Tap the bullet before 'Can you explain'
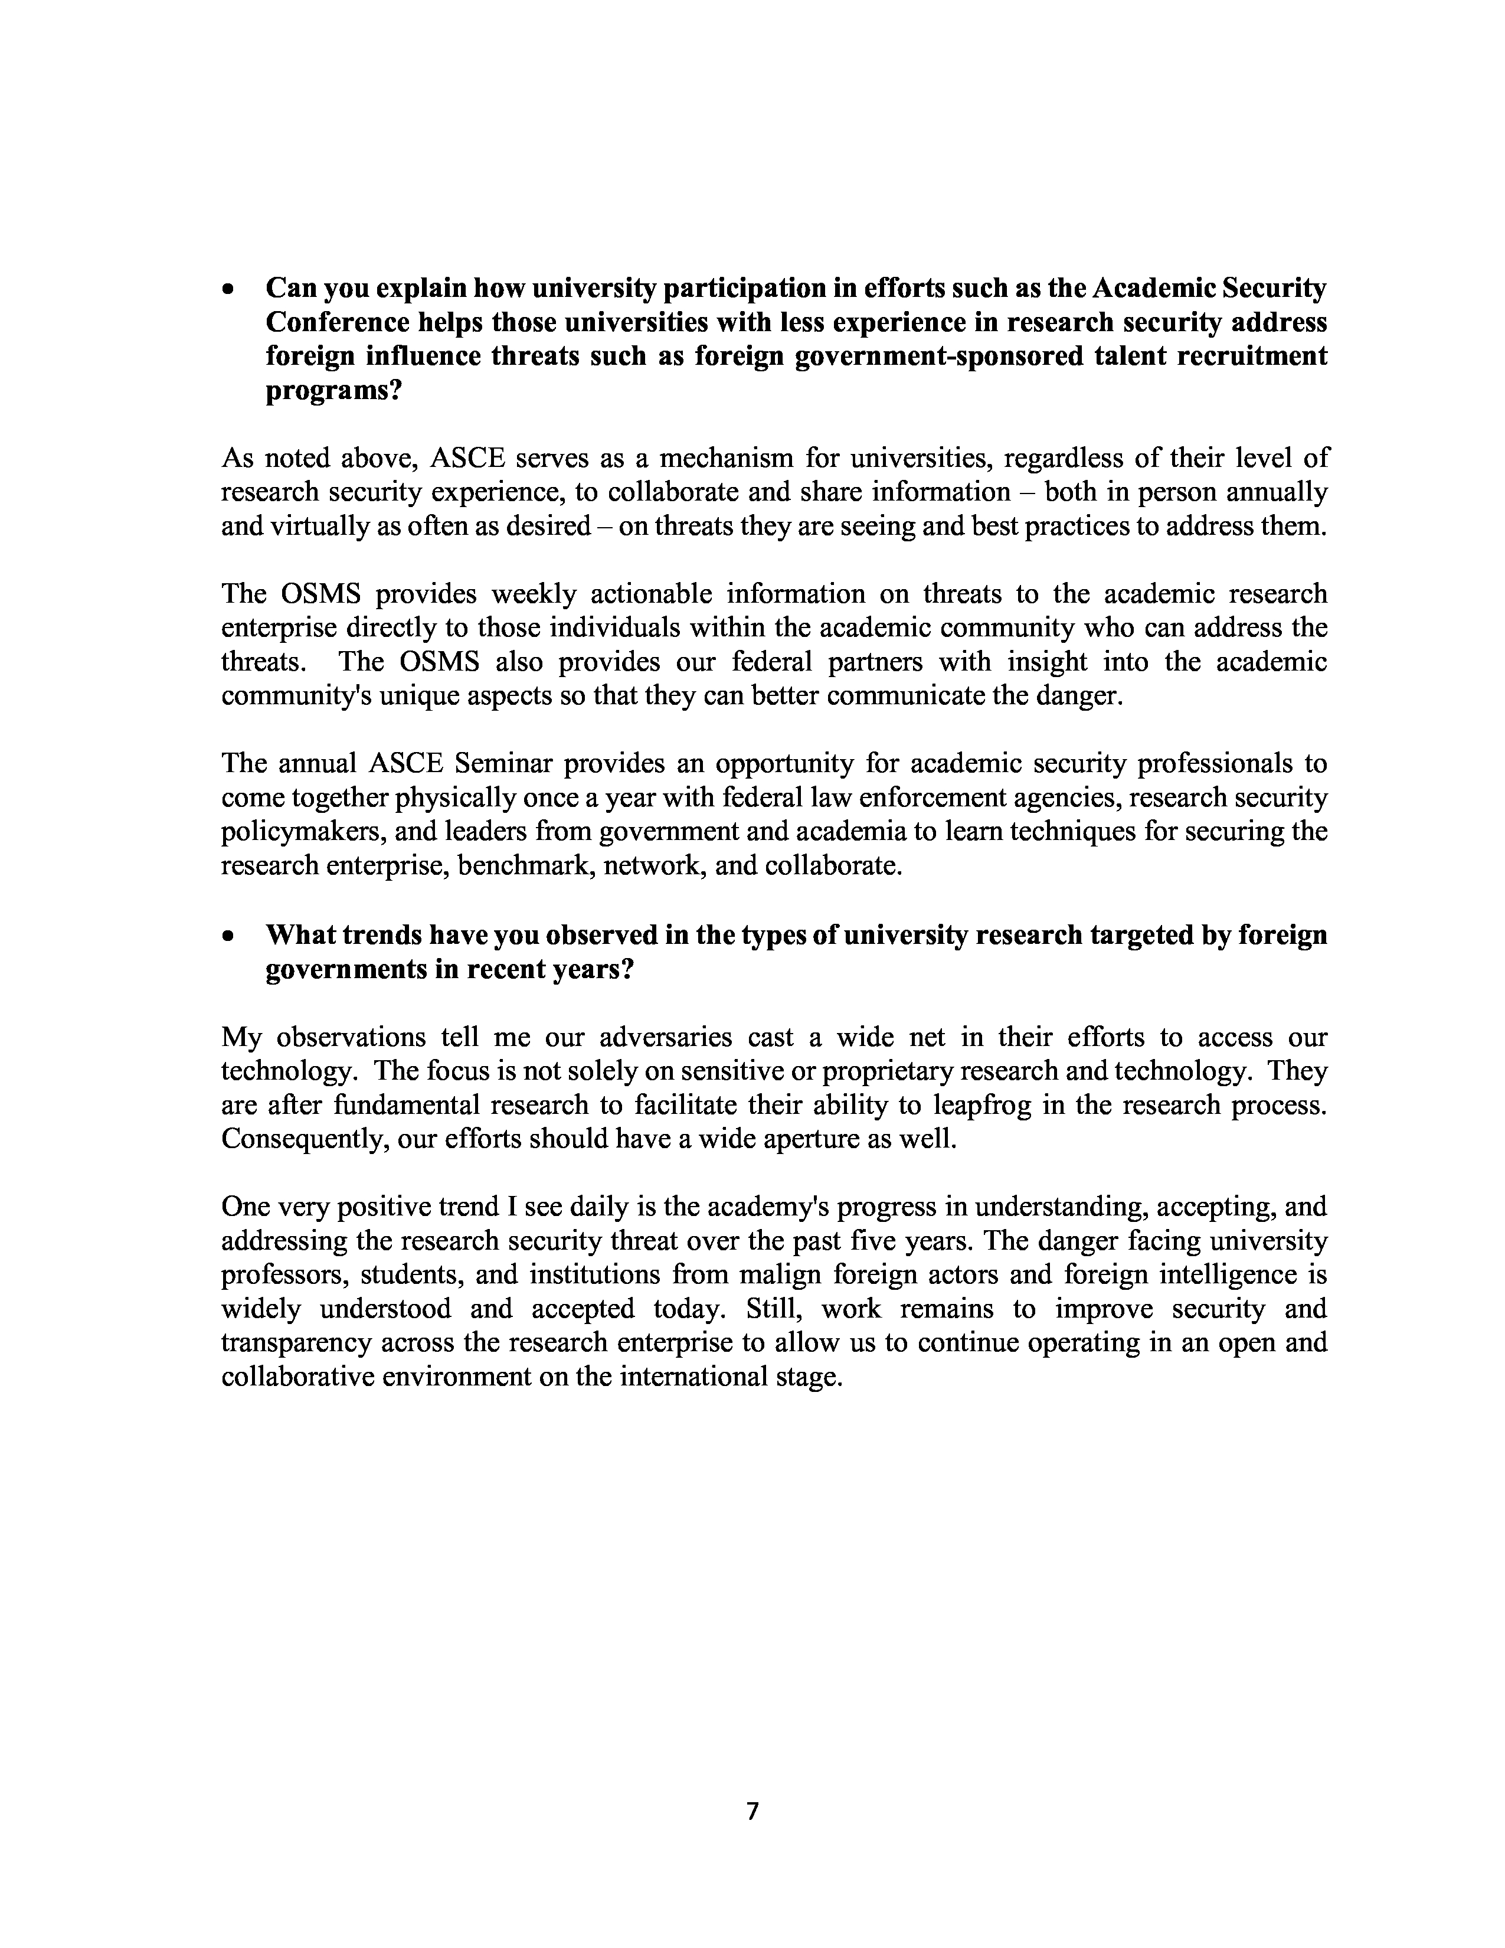pyautogui.click(x=230, y=290)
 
